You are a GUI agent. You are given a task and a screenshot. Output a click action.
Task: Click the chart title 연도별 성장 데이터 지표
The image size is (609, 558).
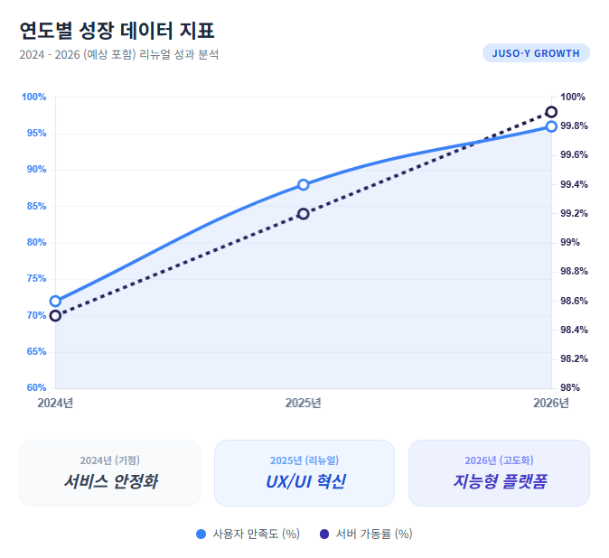point(117,30)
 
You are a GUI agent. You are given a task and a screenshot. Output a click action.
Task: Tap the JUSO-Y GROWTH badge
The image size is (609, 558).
point(536,53)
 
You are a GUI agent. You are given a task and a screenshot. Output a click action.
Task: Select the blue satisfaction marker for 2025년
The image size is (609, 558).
point(304,185)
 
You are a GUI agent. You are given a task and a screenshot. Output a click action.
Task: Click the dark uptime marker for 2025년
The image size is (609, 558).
point(304,214)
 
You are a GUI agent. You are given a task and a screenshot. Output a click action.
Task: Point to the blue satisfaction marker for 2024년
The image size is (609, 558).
point(55,302)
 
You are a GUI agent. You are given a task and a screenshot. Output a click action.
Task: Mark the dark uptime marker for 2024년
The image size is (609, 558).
point(55,316)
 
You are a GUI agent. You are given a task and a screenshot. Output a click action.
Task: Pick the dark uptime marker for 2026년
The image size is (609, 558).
point(551,112)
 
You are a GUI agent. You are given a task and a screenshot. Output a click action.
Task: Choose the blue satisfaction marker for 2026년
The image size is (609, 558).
point(551,126)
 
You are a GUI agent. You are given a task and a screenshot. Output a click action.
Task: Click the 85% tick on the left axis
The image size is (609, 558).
point(35,206)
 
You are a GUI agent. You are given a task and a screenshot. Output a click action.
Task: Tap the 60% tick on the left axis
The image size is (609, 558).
point(35,388)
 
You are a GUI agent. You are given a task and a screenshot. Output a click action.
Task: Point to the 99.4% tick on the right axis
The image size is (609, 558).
point(575,184)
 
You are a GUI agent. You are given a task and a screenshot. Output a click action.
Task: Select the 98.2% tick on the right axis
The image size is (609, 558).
point(575,358)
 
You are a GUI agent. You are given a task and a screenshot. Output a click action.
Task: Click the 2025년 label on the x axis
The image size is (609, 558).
point(304,403)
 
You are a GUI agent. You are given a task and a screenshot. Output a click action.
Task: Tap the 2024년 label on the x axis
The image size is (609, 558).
point(55,403)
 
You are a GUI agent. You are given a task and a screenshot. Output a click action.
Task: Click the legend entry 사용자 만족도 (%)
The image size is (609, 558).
point(248,534)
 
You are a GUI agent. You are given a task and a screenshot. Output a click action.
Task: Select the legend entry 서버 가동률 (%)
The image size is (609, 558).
point(366,534)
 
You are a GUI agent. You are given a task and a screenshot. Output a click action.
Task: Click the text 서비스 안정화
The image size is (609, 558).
point(110,481)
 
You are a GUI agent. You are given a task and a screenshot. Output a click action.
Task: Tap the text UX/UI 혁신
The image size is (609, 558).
point(304,481)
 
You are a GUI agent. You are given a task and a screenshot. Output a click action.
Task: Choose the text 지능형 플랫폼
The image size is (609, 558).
point(499,481)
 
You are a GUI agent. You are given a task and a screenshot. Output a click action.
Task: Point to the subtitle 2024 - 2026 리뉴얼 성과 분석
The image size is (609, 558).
point(118,54)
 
